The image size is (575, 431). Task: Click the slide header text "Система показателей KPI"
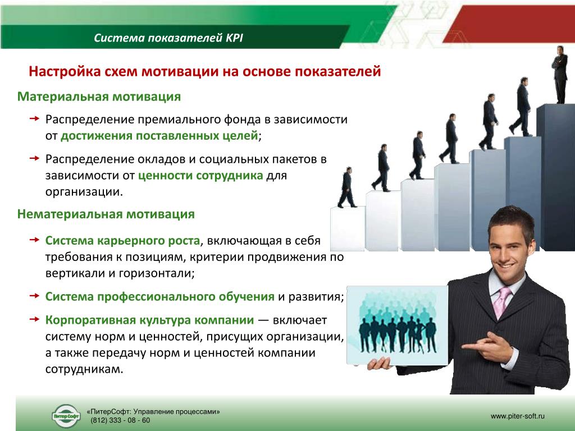tap(168, 38)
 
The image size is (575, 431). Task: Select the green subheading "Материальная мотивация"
tap(99, 97)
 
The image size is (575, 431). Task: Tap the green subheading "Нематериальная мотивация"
tap(106, 214)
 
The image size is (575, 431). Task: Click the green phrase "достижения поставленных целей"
tap(159, 136)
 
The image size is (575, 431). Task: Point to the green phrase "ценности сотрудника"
tap(200, 176)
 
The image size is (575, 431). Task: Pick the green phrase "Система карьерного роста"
tap(122, 241)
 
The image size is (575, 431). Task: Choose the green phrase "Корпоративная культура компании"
tap(149, 320)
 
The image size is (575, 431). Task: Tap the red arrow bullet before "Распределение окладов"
tap(34, 158)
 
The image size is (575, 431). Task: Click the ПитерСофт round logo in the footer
tap(66, 416)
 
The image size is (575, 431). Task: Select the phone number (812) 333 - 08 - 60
tap(120, 420)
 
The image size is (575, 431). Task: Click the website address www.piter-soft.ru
tap(518, 416)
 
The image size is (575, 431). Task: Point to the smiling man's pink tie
tap(501, 301)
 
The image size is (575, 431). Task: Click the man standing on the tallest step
tap(560, 75)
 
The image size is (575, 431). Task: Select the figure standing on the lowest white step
tap(346, 187)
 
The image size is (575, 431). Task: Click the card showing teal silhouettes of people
tap(397, 325)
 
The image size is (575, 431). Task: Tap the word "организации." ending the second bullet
tap(84, 192)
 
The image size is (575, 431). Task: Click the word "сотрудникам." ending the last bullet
tap(84, 369)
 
